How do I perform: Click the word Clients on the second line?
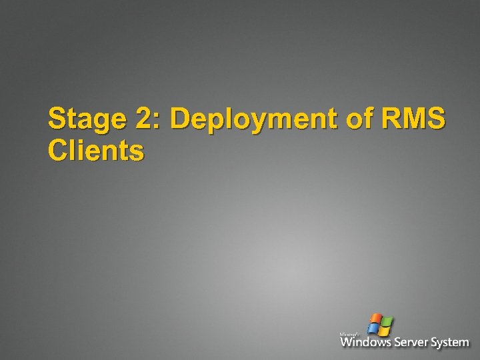coord(95,151)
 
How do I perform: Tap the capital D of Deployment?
coord(181,120)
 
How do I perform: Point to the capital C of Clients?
coord(58,151)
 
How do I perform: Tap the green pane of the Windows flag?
coord(386,321)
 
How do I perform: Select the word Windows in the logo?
coord(365,343)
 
